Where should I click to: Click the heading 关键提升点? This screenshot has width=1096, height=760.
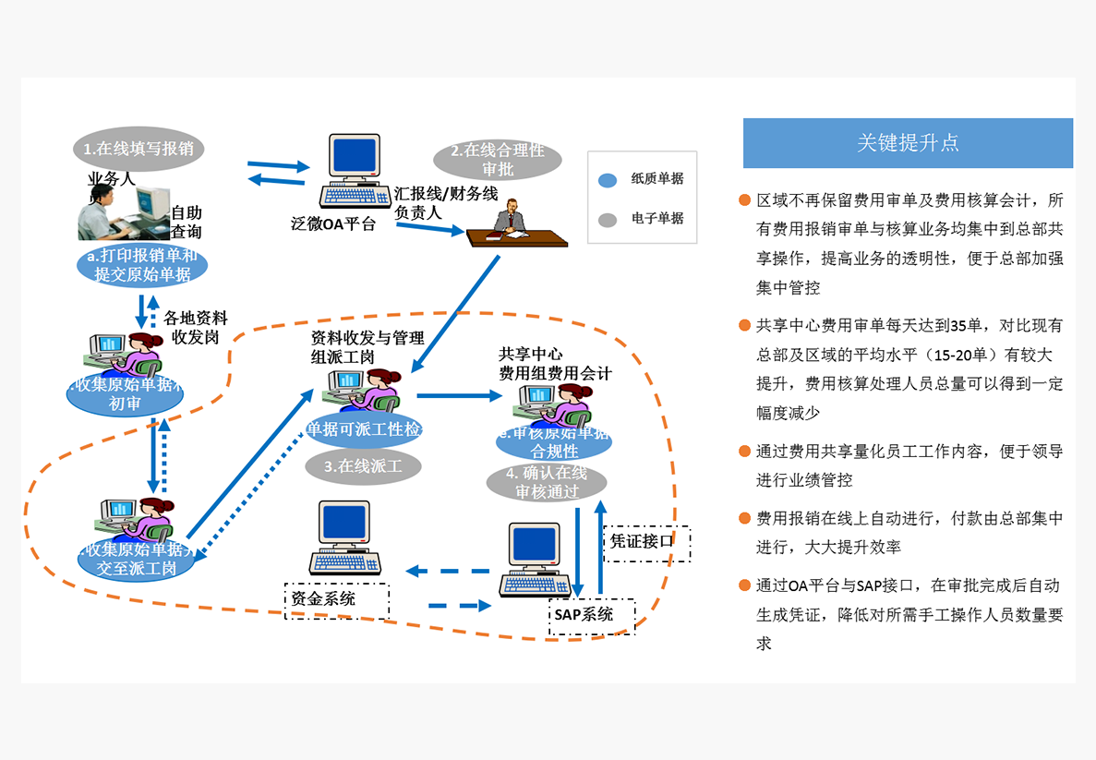908,143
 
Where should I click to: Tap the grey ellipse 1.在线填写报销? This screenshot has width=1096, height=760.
139,148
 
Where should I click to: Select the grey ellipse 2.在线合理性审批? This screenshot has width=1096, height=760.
498,160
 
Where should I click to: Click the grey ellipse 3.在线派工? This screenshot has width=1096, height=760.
363,465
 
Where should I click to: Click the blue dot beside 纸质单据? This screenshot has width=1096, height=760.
607,180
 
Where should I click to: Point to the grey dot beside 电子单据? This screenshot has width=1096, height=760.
607,220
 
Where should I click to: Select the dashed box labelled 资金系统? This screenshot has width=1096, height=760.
336,600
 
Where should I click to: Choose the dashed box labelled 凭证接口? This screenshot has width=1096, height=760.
646,543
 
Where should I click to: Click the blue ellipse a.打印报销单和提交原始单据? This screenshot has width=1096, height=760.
142,265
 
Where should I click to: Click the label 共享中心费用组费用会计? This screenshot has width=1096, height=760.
555,364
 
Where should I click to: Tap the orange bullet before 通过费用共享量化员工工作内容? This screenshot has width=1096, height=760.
744,452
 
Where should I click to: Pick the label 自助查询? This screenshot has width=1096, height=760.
186,223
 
